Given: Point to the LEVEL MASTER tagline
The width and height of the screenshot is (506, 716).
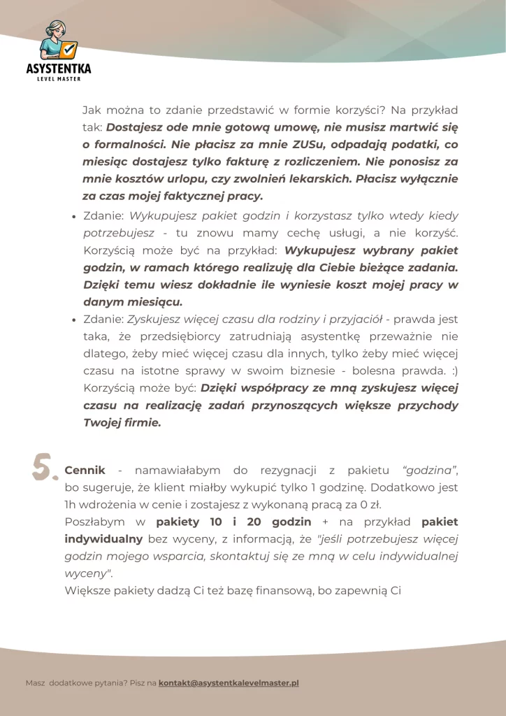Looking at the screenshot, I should pyautogui.click(x=59, y=79).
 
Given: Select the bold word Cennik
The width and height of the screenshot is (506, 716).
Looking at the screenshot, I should pyautogui.click(x=85, y=471).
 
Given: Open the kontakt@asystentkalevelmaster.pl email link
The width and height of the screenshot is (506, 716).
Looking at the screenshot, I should pyautogui.click(x=229, y=683).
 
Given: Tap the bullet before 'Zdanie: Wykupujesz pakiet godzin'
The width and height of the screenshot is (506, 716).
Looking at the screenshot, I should pyautogui.click(x=74, y=217).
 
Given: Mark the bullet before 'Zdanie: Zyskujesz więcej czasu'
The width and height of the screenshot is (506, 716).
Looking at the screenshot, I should pyautogui.click(x=74, y=320).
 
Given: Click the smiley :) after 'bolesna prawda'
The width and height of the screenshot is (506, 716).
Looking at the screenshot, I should pyautogui.click(x=453, y=371).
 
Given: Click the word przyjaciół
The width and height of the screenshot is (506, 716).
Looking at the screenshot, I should pyautogui.click(x=354, y=320).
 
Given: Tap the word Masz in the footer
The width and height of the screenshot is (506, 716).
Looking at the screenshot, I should pyautogui.click(x=35, y=683).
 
